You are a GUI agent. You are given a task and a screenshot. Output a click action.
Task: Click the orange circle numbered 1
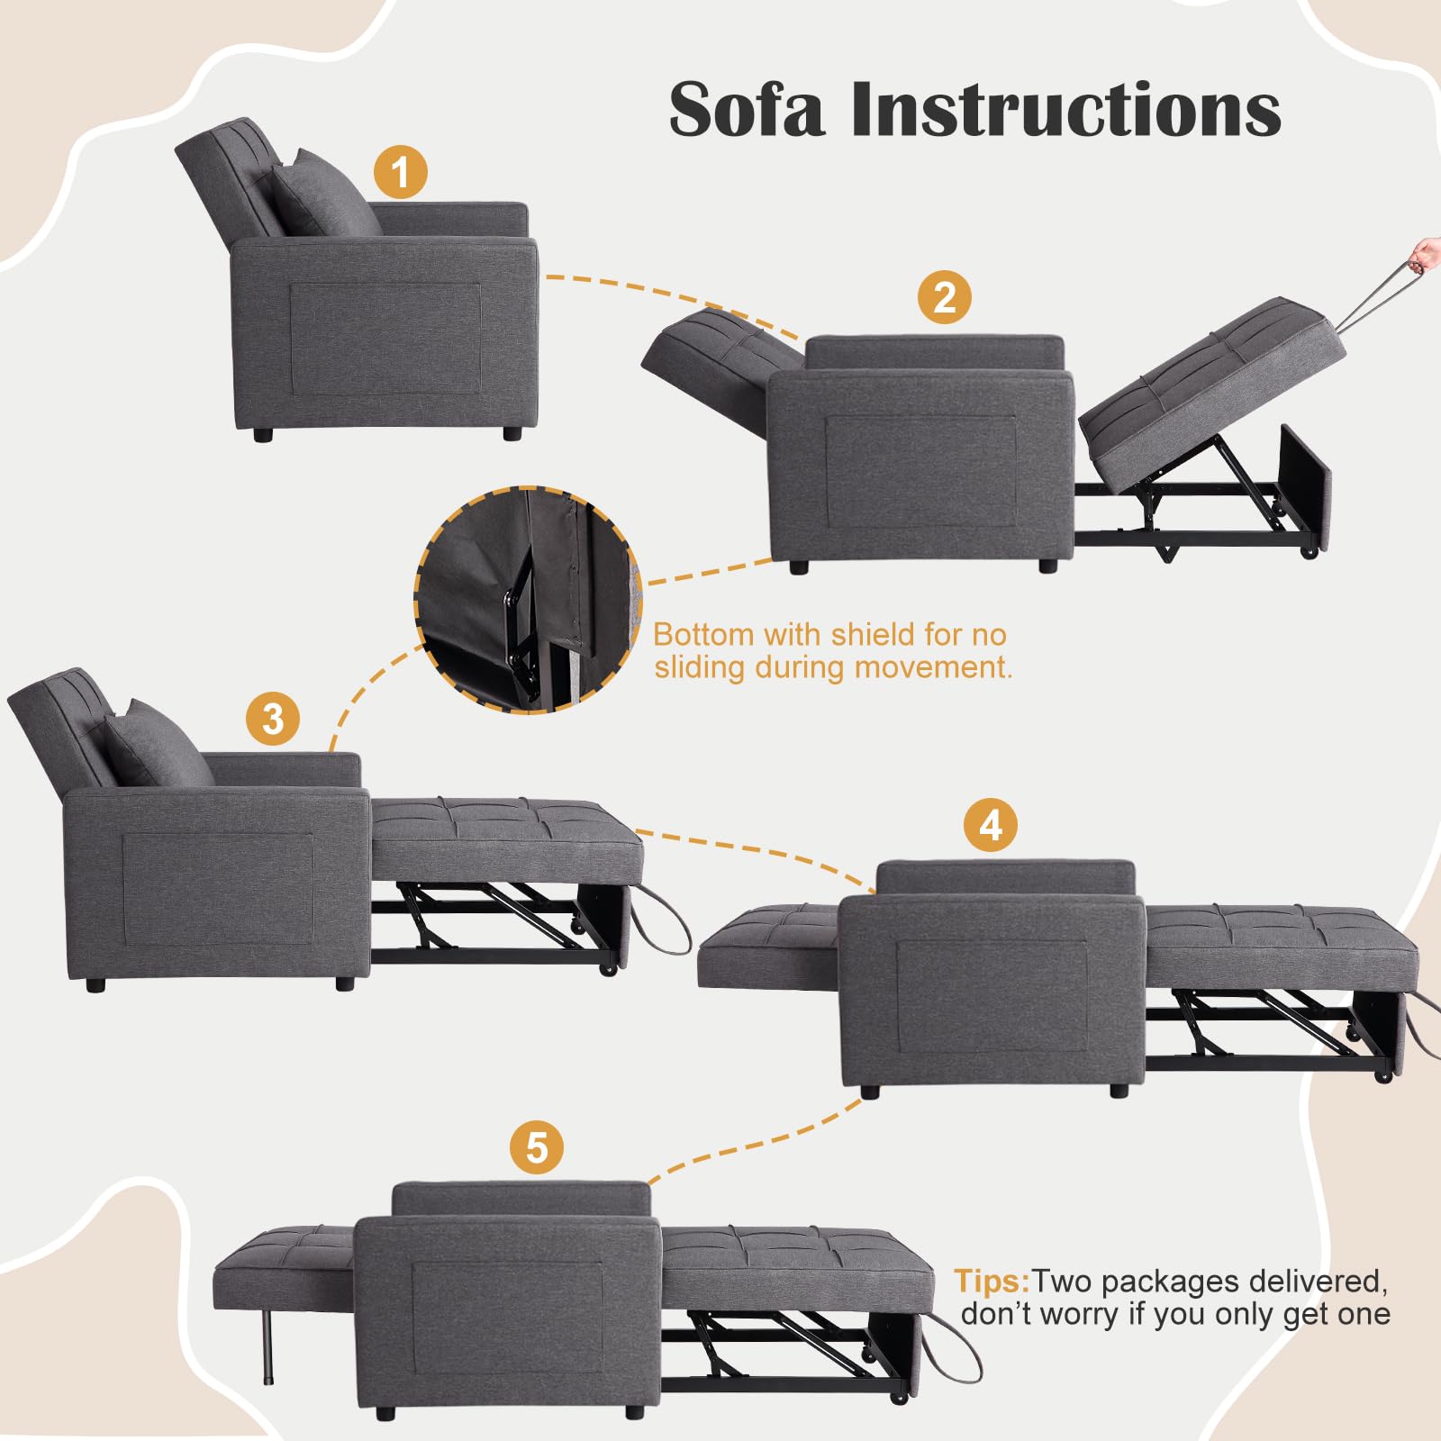(401, 172)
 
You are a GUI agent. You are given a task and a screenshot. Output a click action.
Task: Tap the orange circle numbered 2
(945, 297)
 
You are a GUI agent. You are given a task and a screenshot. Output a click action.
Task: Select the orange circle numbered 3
(273, 719)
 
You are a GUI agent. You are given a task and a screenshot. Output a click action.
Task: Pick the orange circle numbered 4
(991, 825)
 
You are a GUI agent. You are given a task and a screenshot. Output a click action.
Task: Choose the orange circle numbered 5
(537, 1148)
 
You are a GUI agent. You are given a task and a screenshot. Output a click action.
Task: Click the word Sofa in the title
(747, 109)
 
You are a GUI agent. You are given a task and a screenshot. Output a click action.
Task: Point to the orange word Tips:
(992, 1281)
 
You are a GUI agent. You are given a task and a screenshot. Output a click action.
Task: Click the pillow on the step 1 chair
(326, 193)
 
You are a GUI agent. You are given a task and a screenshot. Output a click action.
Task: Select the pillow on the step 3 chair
(159, 744)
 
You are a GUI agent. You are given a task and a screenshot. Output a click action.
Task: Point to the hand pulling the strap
(1426, 254)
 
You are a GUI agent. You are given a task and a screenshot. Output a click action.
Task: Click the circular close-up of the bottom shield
(528, 601)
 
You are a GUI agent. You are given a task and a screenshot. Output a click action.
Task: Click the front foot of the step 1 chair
(512, 433)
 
